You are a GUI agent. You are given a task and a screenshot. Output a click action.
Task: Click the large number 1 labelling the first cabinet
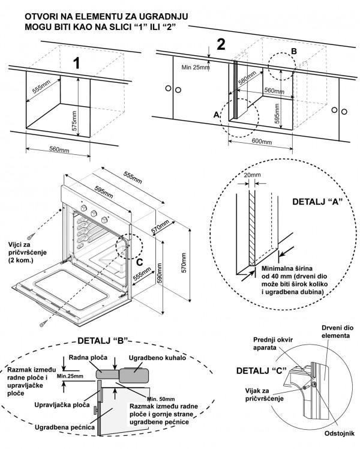tap(76, 63)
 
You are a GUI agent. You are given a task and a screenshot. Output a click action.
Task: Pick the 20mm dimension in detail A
tap(253, 176)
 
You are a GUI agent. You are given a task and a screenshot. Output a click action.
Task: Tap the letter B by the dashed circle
tap(294, 52)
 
